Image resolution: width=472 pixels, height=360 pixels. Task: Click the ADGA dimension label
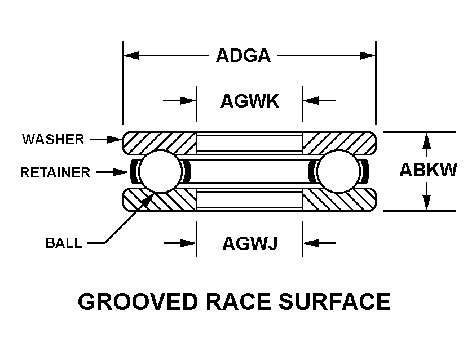(x=243, y=56)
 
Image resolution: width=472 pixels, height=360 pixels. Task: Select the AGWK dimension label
(x=250, y=101)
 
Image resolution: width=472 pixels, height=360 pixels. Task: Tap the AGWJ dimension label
(x=250, y=243)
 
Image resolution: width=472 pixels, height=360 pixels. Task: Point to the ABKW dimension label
(x=428, y=170)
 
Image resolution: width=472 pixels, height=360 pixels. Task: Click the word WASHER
(x=53, y=139)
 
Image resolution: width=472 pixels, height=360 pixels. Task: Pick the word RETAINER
(x=55, y=172)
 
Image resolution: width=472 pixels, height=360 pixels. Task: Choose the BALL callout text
(x=64, y=243)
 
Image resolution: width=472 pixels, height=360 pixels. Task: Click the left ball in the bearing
(x=161, y=171)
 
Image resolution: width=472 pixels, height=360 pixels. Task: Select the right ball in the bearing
(x=339, y=171)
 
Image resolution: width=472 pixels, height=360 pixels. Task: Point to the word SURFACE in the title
(x=335, y=301)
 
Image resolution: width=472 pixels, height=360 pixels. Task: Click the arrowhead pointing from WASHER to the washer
(x=114, y=139)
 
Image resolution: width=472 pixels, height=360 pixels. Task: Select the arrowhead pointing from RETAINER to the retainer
(x=121, y=172)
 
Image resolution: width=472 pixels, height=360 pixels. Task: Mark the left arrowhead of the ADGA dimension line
(x=132, y=56)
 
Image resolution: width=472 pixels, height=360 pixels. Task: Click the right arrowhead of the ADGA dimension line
(x=367, y=56)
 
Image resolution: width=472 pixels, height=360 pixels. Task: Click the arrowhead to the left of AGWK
(x=188, y=100)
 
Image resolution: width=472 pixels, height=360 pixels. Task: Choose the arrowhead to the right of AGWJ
(x=311, y=243)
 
